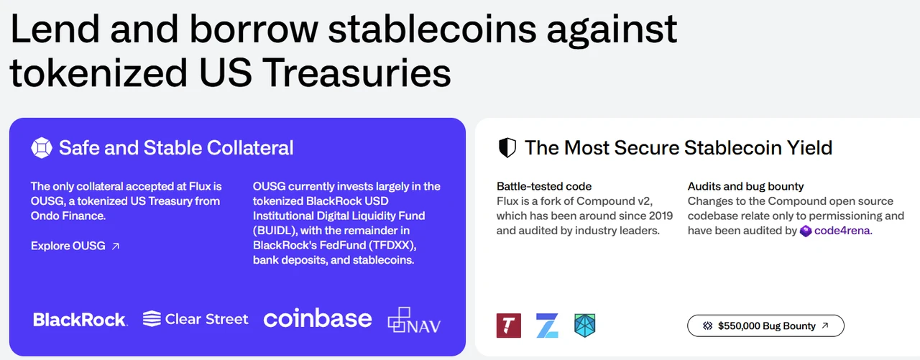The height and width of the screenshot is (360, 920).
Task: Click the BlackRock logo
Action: coord(80,319)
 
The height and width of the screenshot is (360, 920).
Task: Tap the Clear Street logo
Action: coord(195,319)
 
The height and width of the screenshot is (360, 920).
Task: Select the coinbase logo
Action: coord(318,318)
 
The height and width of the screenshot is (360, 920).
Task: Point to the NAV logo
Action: coord(414,320)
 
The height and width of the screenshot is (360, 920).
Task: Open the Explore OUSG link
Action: coord(75,246)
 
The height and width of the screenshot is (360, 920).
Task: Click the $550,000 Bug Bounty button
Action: coord(765,326)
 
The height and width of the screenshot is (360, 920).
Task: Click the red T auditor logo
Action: coord(508,326)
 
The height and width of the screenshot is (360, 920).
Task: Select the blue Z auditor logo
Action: coord(547,326)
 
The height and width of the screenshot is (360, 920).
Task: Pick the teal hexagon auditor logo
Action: coord(584,326)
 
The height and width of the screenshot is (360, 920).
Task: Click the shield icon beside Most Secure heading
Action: coord(507,148)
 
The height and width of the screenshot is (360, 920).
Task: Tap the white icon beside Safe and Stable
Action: coord(42,148)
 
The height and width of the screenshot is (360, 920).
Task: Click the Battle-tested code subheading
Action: coord(544,186)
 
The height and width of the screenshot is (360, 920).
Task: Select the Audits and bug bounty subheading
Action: coord(745,186)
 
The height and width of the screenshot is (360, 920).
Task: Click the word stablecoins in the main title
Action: coord(432,29)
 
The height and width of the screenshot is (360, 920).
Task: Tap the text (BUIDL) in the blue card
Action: coord(275,231)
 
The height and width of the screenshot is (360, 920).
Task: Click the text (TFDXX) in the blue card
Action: coord(392,246)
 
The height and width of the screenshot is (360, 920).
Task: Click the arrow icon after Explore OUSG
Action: coord(116,246)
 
